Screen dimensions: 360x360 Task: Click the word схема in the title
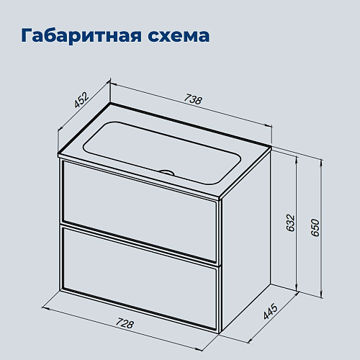click(x=177, y=36)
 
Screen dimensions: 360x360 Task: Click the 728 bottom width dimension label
click(x=124, y=324)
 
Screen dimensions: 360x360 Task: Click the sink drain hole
click(x=168, y=172)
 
